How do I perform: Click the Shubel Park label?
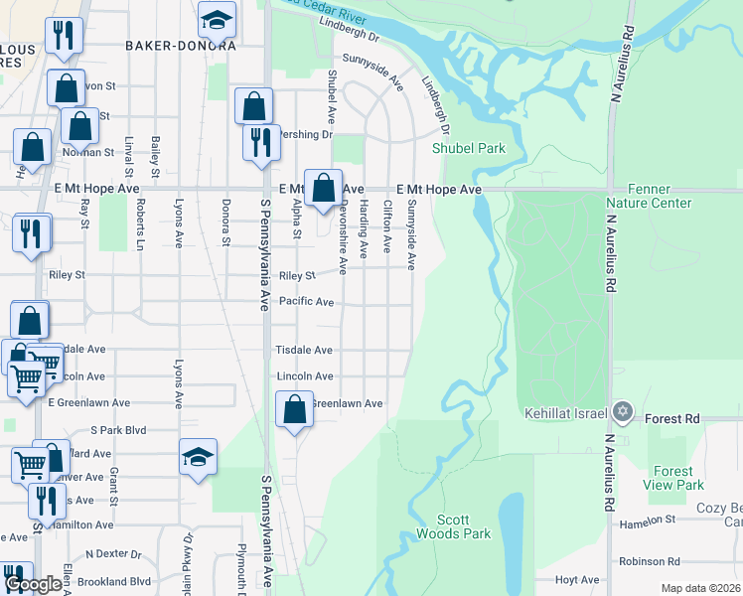click(468, 149)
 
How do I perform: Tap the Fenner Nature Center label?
click(649, 196)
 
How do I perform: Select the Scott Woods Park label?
click(464, 526)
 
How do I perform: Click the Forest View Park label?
click(674, 478)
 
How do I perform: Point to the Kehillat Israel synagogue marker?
click(623, 411)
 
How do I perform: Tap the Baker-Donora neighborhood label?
click(181, 46)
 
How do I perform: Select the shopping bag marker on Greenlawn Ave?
click(294, 409)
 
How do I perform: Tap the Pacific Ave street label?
click(306, 301)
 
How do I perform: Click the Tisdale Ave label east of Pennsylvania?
click(304, 351)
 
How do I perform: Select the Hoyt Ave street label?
click(578, 580)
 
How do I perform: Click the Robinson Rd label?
click(650, 561)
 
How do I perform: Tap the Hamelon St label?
click(647, 519)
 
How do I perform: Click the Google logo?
click(34, 585)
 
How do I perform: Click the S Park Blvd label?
click(118, 430)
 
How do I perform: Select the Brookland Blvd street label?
click(117, 581)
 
